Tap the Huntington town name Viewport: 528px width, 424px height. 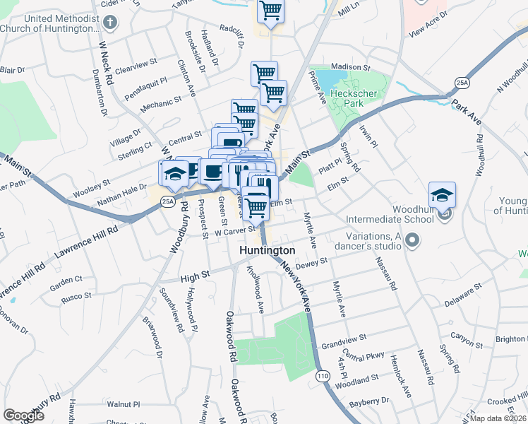(267, 251)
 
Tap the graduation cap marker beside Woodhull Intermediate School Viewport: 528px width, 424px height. (442, 195)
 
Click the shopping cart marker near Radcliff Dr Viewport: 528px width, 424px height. (270, 12)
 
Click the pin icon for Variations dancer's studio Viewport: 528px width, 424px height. (414, 242)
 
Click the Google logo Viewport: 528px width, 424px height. (23, 415)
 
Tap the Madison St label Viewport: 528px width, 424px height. (351, 67)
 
